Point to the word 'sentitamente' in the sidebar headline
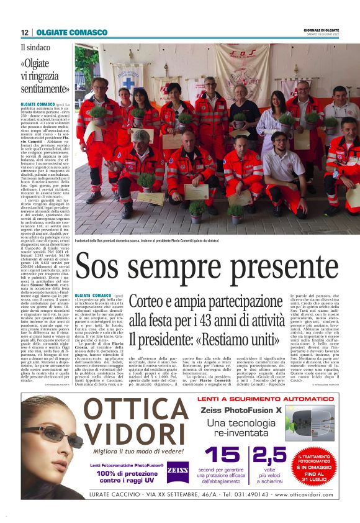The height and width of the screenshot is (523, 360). click(44, 89)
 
